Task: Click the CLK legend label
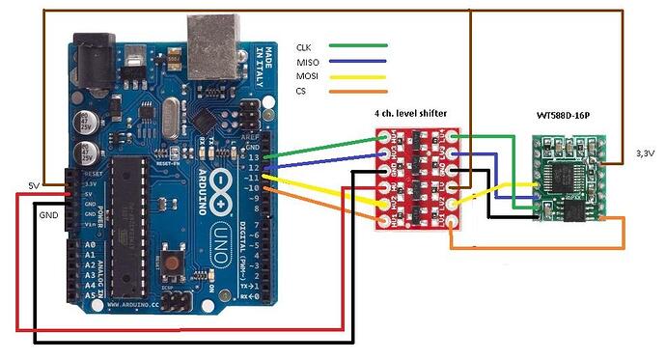click(306, 45)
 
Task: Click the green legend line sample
click(358, 45)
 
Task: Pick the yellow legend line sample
click(358, 77)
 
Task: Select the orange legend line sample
click(358, 94)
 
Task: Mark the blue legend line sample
click(358, 61)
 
